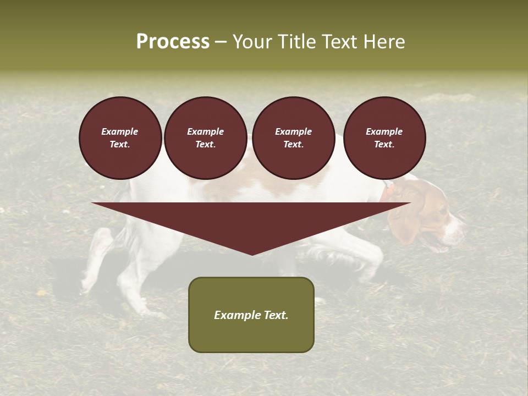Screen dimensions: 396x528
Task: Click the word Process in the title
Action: click(x=173, y=42)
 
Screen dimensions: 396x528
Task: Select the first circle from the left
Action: click(x=120, y=138)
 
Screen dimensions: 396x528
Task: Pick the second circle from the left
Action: click(x=205, y=138)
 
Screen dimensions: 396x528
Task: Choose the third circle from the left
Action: click(x=293, y=138)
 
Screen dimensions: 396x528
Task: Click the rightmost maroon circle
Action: click(x=384, y=138)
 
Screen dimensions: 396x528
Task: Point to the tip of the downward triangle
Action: click(x=252, y=254)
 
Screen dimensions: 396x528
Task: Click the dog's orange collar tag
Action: click(x=388, y=192)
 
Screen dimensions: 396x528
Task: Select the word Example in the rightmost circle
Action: click(x=384, y=131)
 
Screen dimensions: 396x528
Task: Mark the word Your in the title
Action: click(x=254, y=42)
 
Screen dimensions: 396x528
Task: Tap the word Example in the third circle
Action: click(x=293, y=131)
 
